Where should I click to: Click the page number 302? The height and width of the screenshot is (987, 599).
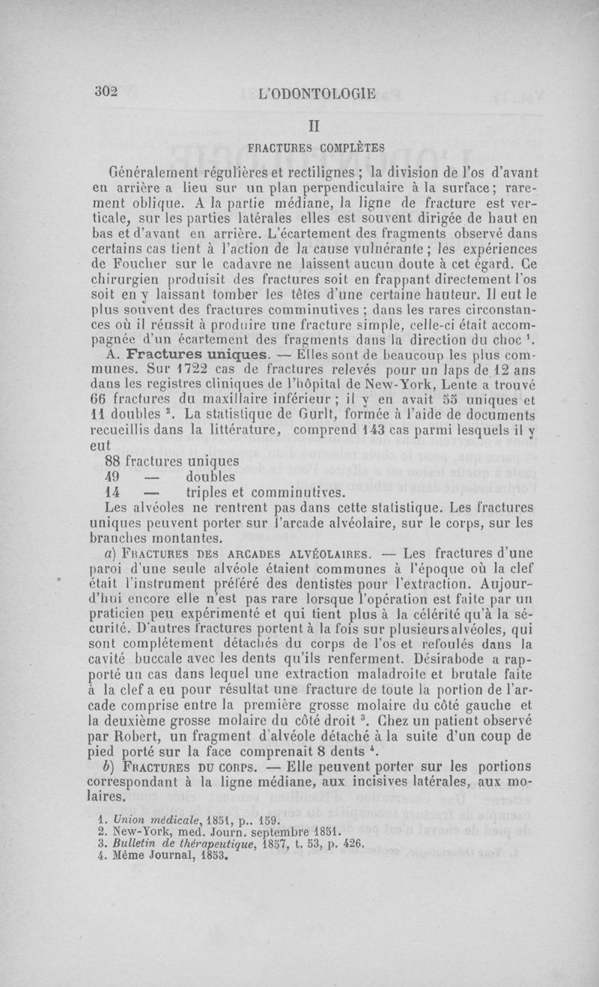coord(107,91)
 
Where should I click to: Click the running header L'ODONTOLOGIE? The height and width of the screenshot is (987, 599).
coord(316,94)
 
